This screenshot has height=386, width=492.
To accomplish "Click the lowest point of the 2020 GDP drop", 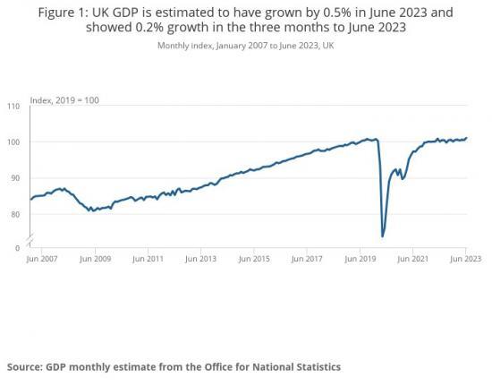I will coord(383,236).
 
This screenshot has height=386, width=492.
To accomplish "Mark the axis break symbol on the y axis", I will coord(30,238).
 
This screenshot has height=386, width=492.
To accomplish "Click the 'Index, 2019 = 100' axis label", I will coord(64,98).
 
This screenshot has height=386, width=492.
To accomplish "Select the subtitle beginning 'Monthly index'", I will coord(246,46).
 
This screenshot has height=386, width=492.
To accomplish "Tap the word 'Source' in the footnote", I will coord(27,366).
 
